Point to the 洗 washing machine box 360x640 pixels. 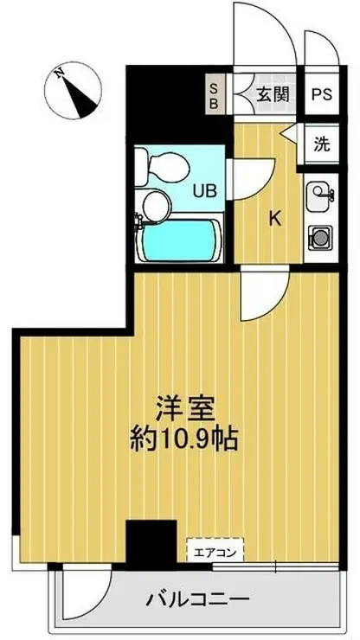[321, 144]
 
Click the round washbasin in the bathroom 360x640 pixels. [155, 205]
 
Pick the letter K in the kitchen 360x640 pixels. [274, 220]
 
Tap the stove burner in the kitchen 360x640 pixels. [319, 234]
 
